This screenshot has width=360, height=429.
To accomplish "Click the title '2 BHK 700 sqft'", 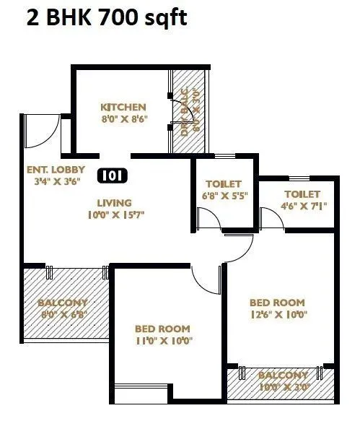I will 106,17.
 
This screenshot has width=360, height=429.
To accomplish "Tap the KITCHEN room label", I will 123,107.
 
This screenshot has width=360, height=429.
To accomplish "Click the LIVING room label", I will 115,202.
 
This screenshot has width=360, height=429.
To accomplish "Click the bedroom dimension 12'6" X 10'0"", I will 277,315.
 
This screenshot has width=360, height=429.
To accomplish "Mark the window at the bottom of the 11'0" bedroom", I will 140,394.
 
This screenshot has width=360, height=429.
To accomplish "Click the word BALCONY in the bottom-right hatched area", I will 284,376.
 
